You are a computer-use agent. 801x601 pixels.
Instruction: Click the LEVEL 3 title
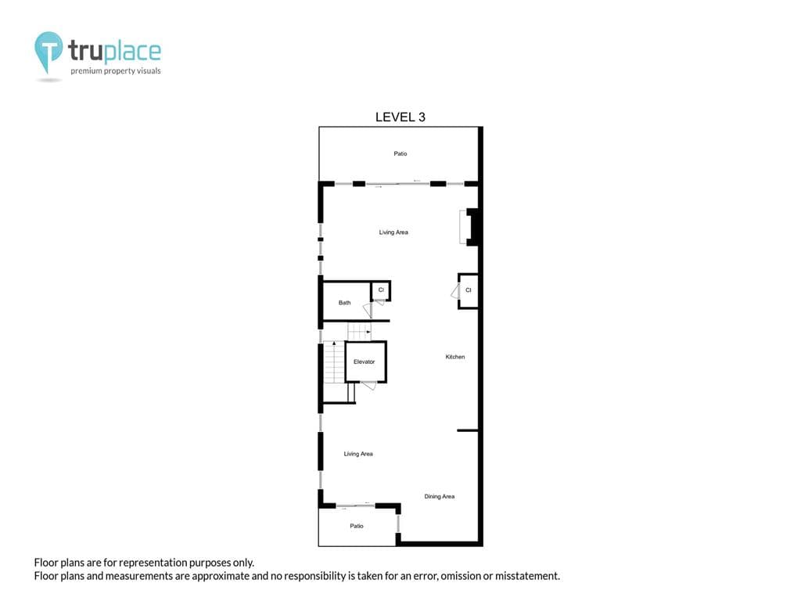point(400,117)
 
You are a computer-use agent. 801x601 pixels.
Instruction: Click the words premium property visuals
point(116,71)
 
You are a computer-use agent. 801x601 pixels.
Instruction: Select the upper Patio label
point(400,154)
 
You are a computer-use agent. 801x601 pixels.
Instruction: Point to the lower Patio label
point(356,526)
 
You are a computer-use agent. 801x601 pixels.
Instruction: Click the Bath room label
point(344,303)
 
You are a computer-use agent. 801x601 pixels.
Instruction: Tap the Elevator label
point(365,362)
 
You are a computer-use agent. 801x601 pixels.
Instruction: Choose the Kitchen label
point(455,357)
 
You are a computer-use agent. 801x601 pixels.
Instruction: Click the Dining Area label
point(439,496)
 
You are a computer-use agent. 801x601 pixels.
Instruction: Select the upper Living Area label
point(393,232)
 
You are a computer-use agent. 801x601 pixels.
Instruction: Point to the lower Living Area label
point(358,454)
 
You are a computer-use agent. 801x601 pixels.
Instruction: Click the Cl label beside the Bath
point(381,290)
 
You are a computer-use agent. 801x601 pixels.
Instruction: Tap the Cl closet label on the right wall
point(469,290)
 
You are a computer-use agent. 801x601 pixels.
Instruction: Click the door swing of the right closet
point(454,291)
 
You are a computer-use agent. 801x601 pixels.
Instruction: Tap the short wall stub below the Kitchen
point(468,430)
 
